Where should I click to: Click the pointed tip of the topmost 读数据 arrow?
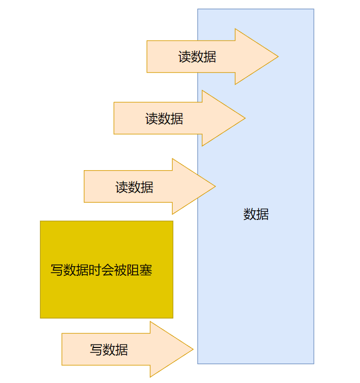[277, 56]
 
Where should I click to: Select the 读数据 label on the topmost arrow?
[197, 57]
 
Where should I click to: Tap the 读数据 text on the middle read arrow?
[164, 119]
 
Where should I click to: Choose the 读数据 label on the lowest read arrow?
[134, 187]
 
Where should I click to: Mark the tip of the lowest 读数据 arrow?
[214, 186]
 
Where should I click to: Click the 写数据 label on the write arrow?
[109, 349]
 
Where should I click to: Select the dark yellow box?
[107, 295]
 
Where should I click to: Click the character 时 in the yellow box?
[95, 270]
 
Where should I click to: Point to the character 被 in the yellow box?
[120, 270]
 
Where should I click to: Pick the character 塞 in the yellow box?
[146, 270]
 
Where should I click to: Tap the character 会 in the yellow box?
[108, 270]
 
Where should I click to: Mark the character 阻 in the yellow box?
[133, 270]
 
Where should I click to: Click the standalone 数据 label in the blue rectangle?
[256, 214]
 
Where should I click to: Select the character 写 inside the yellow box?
[57, 270]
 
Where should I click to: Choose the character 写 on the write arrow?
[96, 349]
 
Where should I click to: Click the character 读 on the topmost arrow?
[184, 57]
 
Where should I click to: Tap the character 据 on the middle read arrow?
[177, 119]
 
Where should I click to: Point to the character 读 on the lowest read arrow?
[121, 187]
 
